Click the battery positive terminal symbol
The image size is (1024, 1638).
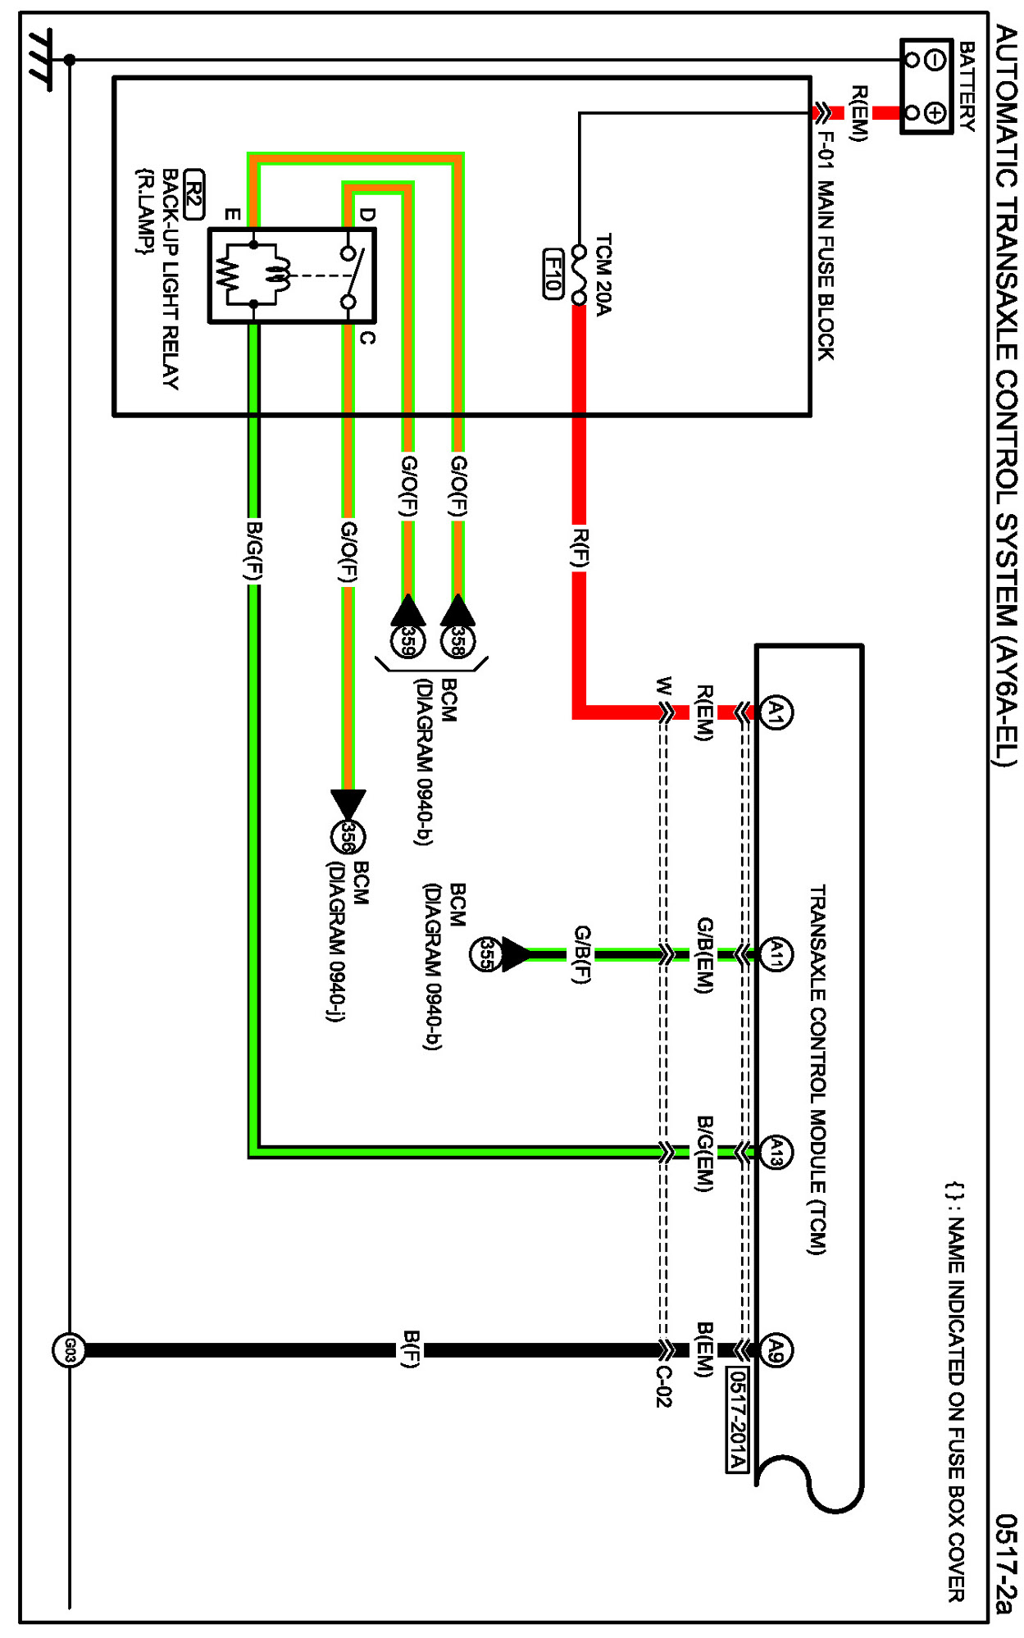[x=935, y=112]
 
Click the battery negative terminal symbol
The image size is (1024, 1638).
[x=935, y=59]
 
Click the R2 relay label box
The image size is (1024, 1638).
[x=193, y=194]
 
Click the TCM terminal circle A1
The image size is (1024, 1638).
[x=776, y=712]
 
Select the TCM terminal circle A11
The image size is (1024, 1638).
[x=776, y=954]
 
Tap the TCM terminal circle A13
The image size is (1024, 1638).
[x=776, y=1152]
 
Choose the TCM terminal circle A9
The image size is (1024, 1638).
[x=776, y=1349]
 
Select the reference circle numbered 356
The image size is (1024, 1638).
[x=348, y=836]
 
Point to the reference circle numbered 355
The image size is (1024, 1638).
[x=485, y=954]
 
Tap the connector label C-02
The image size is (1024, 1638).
[x=664, y=1386]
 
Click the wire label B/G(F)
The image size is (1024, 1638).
[x=254, y=551]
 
